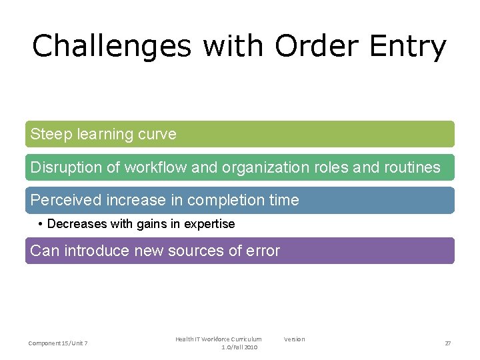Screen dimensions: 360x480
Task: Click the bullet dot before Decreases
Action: (x=41, y=224)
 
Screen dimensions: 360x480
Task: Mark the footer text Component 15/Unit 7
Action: (x=58, y=343)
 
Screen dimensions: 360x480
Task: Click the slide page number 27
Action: (x=448, y=343)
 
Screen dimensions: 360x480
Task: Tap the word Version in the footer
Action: (x=294, y=339)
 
